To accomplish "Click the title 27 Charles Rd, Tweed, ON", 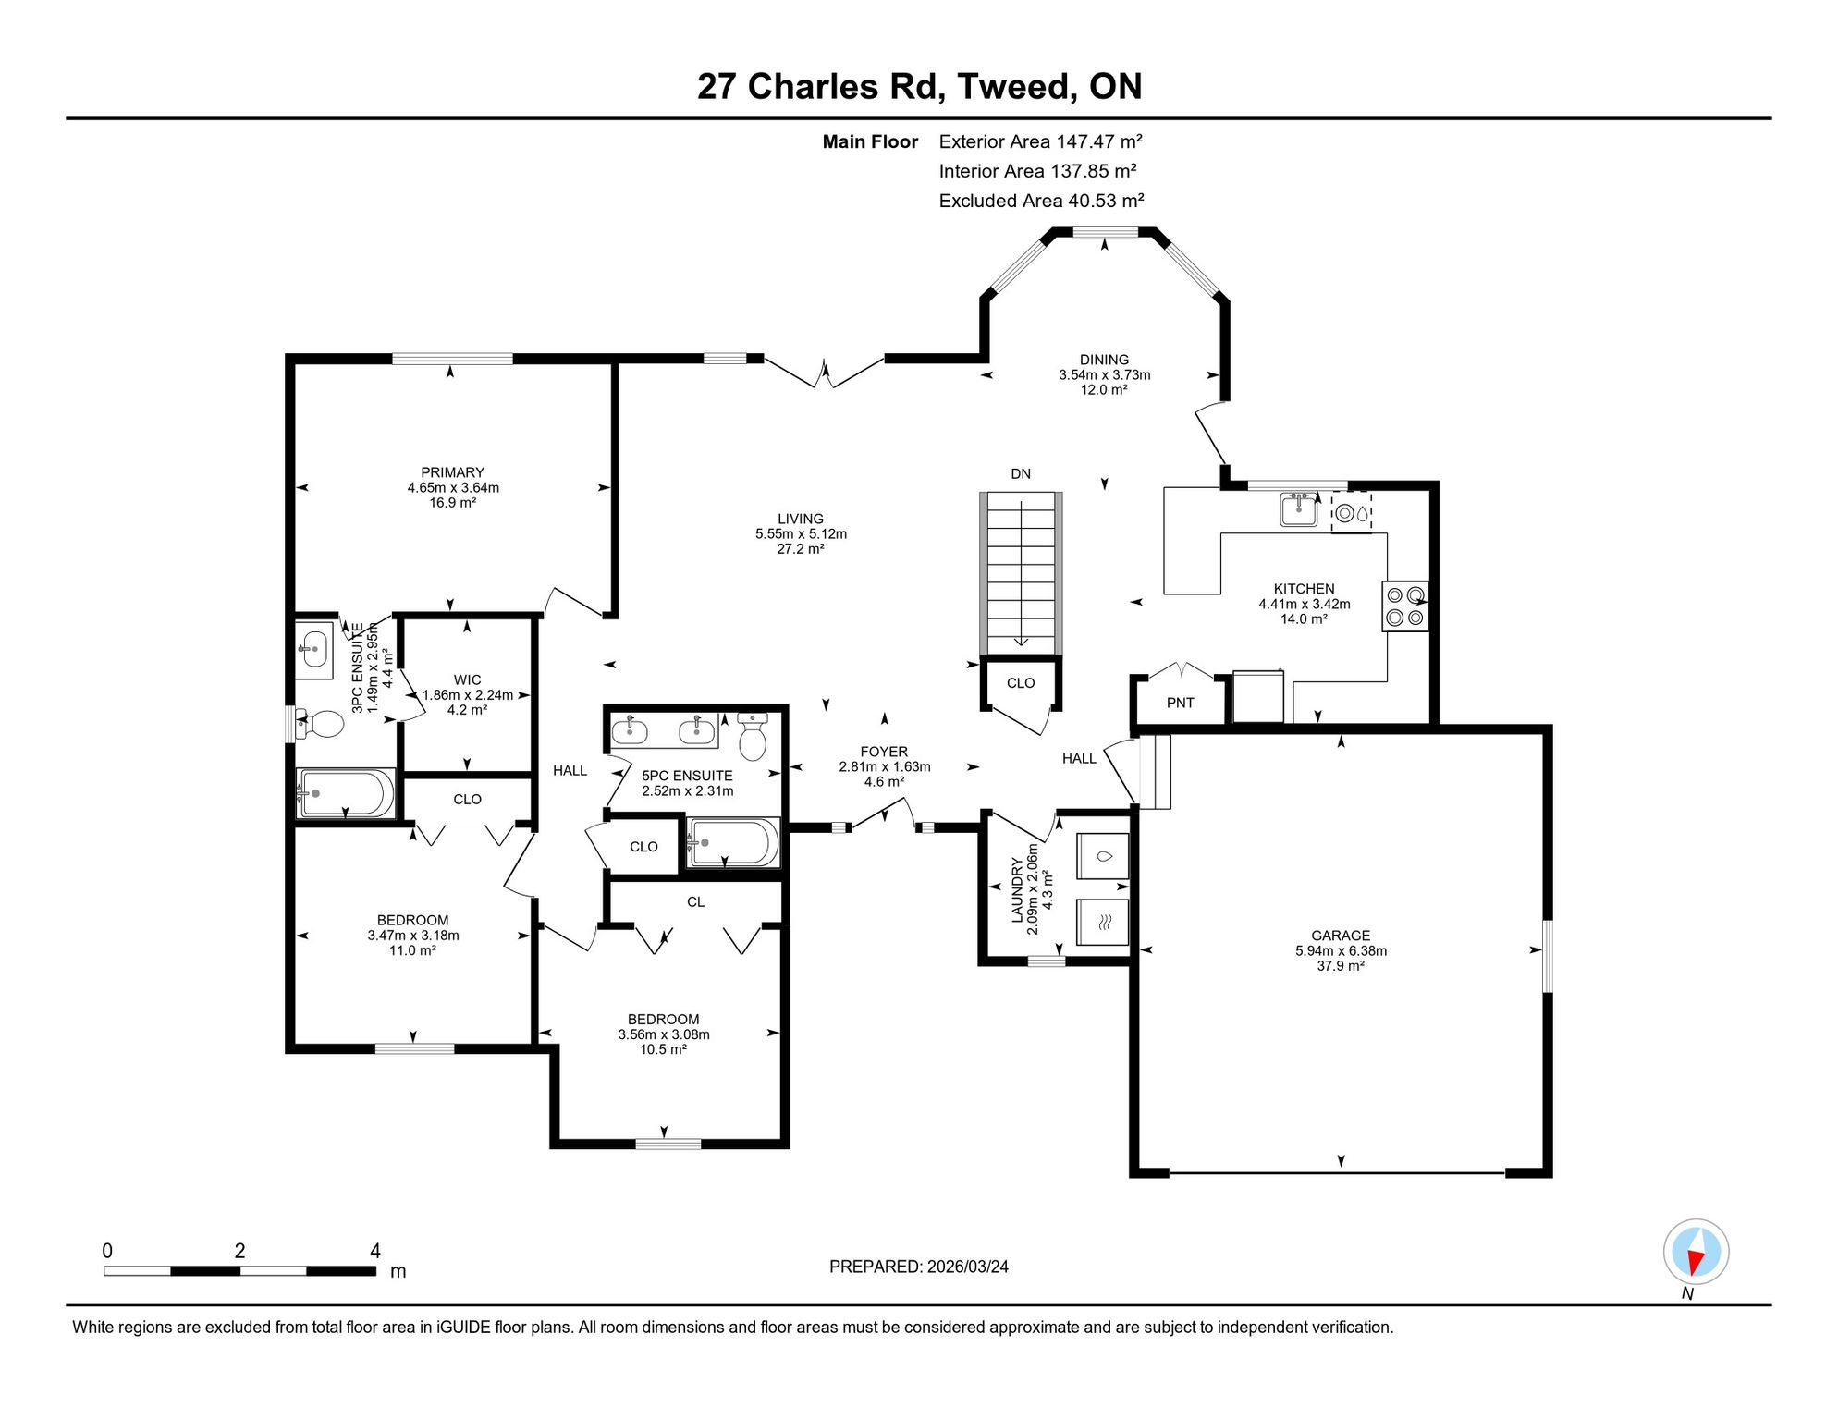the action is (919, 87).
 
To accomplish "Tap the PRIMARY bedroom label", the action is (452, 472).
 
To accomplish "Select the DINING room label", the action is (1104, 360).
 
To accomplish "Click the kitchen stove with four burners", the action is (1404, 606).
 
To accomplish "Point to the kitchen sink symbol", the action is (1299, 509).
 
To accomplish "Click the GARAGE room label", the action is (1341, 936).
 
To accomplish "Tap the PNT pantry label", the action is (1180, 703).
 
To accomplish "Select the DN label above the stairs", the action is (1021, 474).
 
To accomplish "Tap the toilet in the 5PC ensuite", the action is (753, 737).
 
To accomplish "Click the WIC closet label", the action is (467, 680).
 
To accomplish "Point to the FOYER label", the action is (884, 753).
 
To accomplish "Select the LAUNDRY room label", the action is (1017, 889).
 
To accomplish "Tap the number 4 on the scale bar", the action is (375, 1251).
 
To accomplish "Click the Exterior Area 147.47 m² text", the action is (1041, 141).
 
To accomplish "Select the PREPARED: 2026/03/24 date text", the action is (919, 1267).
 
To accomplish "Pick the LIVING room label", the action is (801, 520).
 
